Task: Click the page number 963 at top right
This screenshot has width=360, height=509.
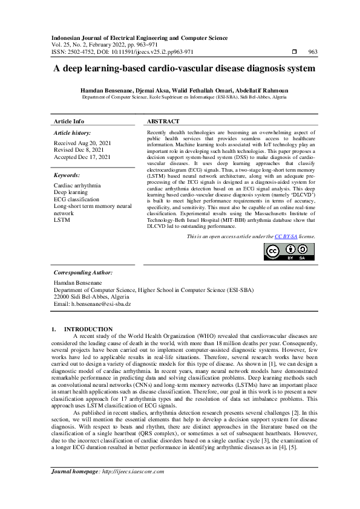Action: pos(313,52)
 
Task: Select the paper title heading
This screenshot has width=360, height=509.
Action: pos(180,69)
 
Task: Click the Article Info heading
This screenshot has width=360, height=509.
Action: pos(69,122)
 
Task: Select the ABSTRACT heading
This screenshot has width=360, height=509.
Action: pos(163,122)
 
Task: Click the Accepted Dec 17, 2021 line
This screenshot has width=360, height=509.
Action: pos(82,157)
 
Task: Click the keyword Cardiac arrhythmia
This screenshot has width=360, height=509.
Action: pos(77,185)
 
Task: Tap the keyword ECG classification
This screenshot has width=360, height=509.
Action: pos(77,199)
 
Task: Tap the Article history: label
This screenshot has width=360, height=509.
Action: pos(73,132)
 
